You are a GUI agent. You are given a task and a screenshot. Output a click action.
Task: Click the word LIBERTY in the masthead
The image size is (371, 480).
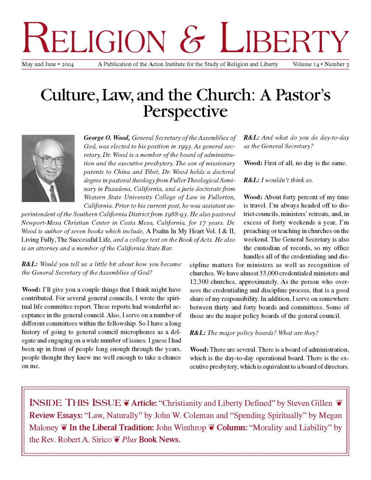[285, 38]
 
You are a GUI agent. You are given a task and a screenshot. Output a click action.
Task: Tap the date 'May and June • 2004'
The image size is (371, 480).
[48, 64]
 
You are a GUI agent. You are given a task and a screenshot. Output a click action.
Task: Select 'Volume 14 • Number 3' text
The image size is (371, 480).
[320, 64]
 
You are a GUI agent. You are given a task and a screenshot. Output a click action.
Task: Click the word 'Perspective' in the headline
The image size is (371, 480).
[185, 111]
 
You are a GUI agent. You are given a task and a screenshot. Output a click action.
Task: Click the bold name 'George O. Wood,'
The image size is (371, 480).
[107, 138]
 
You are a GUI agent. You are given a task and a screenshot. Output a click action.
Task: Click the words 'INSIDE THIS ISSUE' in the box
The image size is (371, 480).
[75, 403]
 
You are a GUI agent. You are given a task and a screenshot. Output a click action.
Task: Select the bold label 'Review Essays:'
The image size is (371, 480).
[56, 415]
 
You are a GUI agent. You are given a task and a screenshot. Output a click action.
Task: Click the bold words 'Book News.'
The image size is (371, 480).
[159, 439]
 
